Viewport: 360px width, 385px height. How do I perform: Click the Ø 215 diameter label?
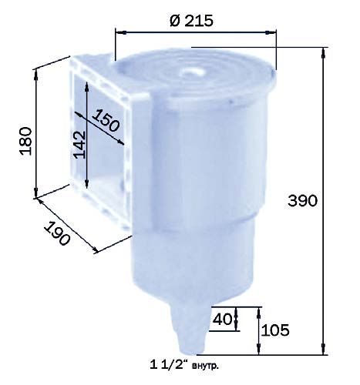click(191, 20)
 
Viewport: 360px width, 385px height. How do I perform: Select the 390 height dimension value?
click(302, 200)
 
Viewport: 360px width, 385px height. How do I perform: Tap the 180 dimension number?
click(26, 141)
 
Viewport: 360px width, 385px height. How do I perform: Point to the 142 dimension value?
click(79, 145)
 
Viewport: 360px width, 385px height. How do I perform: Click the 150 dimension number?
click(106, 120)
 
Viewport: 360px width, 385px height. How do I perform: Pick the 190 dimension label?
click(57, 233)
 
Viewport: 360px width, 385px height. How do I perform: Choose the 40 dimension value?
click(222, 319)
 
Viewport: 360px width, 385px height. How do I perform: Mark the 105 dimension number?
click(275, 330)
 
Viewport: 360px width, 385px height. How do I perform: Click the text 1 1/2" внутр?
click(184, 365)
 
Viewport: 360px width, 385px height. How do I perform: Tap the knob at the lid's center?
click(190, 72)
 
